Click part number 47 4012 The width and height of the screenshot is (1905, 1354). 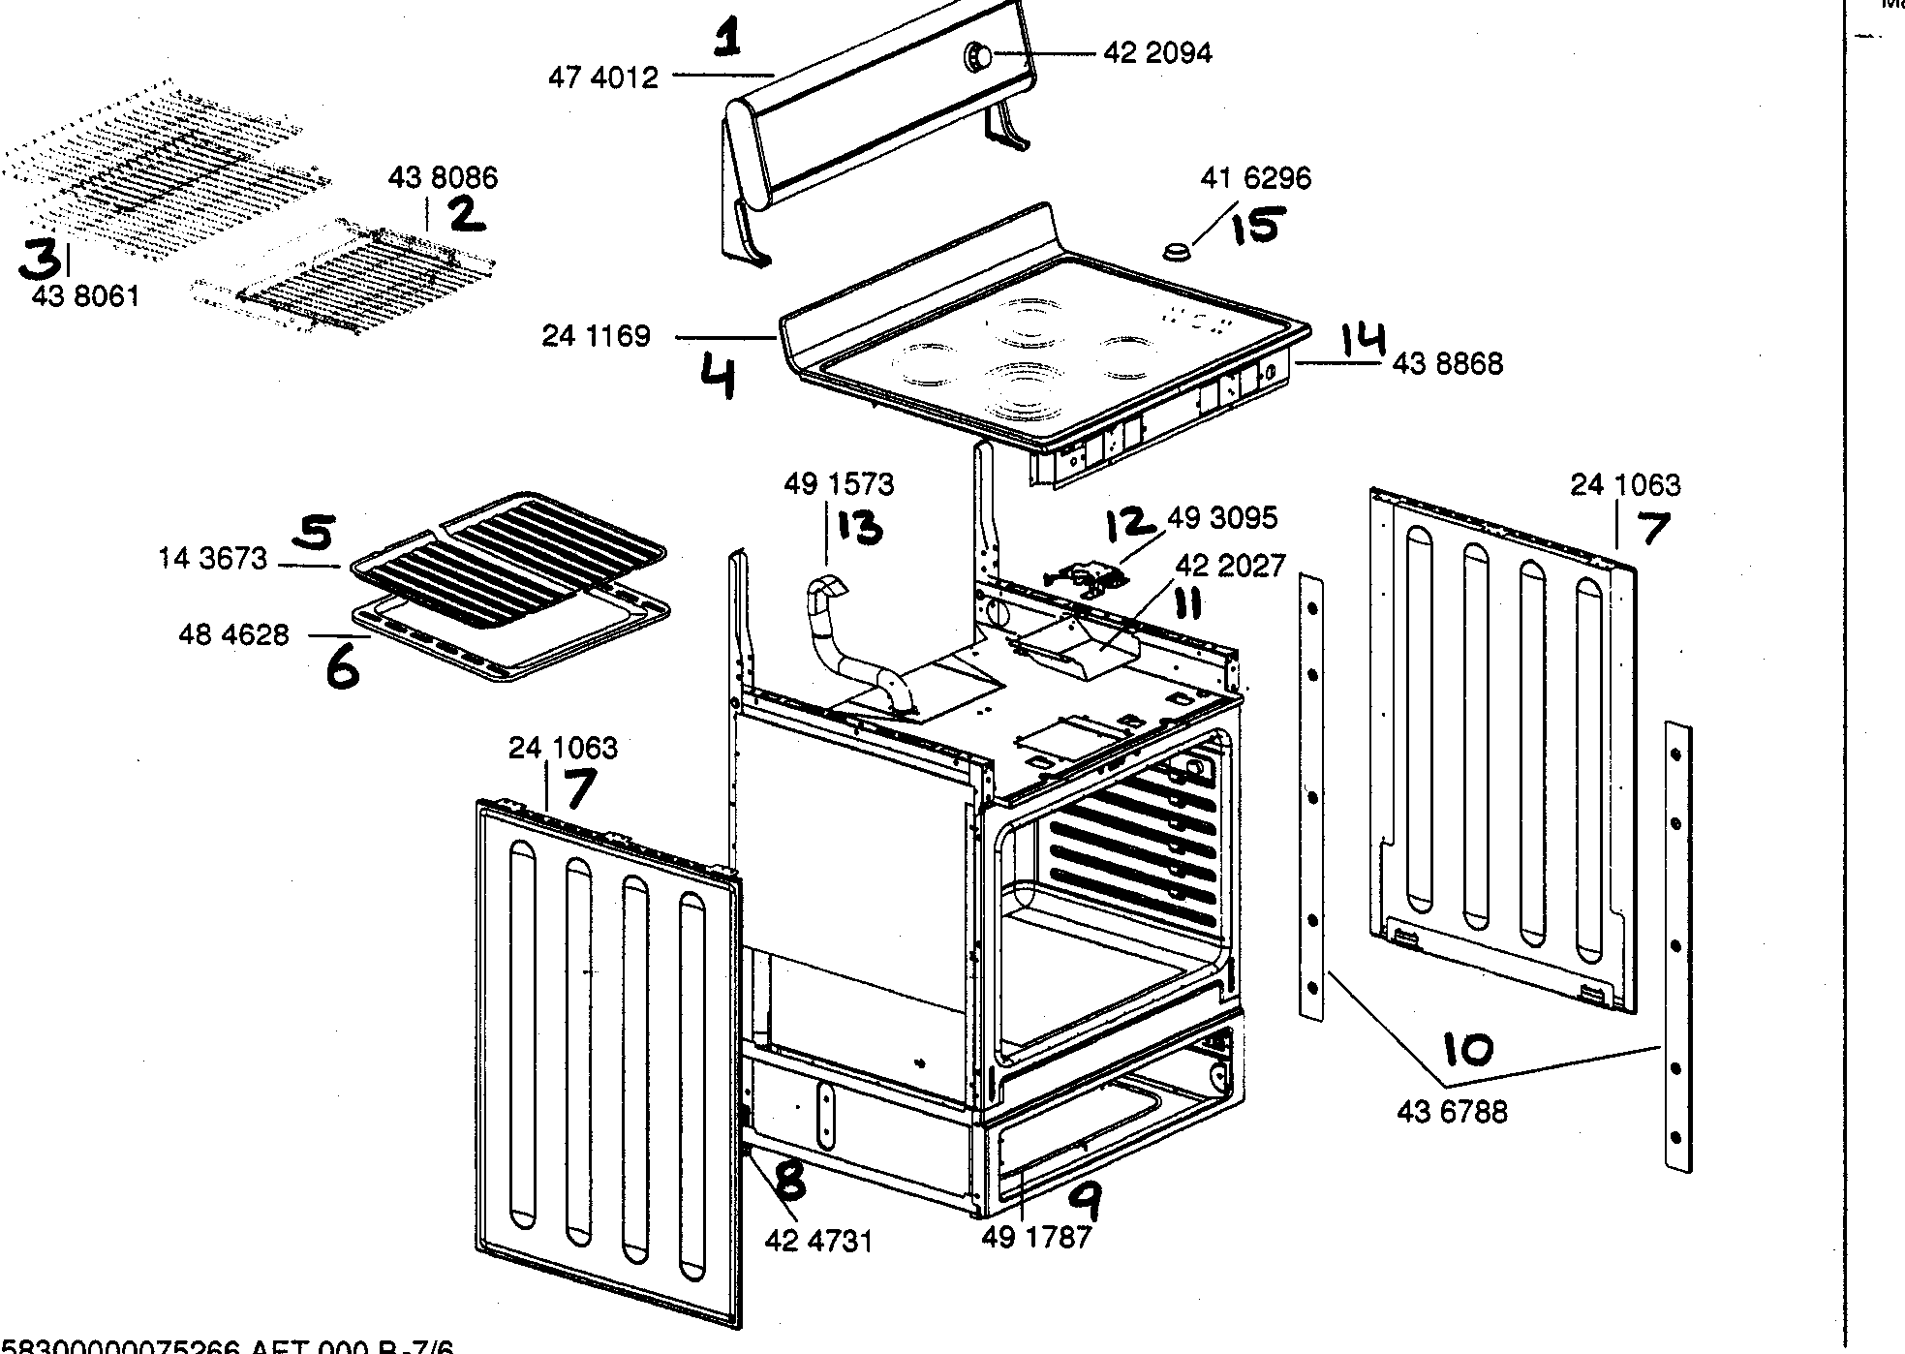click(603, 77)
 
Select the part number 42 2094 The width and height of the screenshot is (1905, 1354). click(1157, 53)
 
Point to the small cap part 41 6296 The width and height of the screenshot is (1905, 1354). click(1176, 252)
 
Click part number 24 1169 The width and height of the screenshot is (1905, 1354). click(596, 337)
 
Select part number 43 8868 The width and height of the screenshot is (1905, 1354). click(1448, 364)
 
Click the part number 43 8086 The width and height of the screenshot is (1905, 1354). click(443, 178)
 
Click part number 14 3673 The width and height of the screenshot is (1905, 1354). click(213, 560)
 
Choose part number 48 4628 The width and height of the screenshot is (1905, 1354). click(233, 635)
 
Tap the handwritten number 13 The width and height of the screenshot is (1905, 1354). click(860, 527)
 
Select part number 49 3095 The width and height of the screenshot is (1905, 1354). click(1222, 518)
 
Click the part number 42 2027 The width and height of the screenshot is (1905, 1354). click(1230, 565)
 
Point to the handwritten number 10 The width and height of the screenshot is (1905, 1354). click(1467, 1049)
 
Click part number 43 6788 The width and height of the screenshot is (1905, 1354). click(1452, 1111)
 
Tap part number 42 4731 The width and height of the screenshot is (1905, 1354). click(818, 1241)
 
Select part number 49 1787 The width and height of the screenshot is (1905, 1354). click(1036, 1237)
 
